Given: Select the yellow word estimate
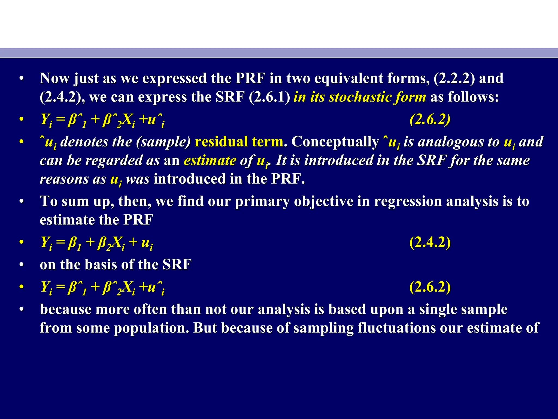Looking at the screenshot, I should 210,160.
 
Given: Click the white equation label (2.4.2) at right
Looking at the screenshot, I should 430,242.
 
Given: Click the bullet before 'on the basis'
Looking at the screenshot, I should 22,265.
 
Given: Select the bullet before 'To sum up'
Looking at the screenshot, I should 22,202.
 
